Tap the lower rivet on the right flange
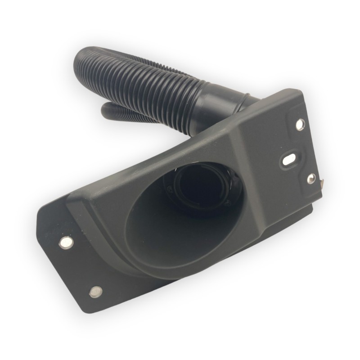(311, 178)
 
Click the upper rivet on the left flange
(66, 243)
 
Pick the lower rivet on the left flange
(96, 292)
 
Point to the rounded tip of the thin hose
(104, 109)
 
